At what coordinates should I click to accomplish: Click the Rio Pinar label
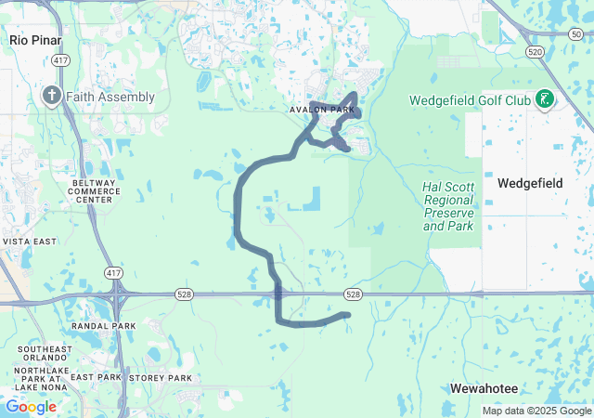coord(33,40)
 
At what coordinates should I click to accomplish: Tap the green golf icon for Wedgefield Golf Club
coord(545,99)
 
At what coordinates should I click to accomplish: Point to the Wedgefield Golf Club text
coord(471,99)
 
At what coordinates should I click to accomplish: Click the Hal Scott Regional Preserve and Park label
coord(448,205)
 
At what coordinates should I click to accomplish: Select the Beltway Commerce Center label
coord(96,191)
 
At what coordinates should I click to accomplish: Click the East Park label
coord(97,378)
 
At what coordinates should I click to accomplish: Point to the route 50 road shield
coord(575,33)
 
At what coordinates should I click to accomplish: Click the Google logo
coord(32,407)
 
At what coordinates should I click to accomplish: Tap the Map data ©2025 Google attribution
coord(536,411)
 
